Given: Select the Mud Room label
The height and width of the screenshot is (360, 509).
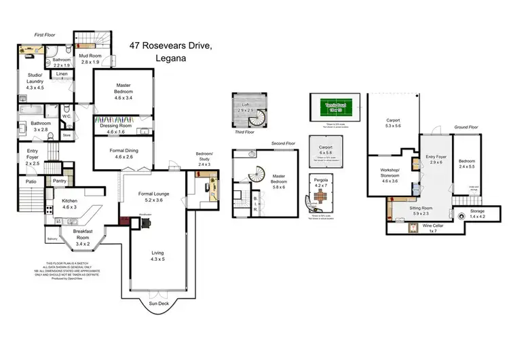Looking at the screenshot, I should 90,58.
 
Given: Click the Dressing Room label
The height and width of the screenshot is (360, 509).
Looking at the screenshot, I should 115,128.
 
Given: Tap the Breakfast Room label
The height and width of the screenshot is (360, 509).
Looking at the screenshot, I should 86,239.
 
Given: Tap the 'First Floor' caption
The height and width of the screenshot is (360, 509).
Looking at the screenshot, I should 44,33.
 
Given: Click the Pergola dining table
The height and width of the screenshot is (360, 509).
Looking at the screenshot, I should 322,197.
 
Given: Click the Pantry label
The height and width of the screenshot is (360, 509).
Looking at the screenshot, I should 59,181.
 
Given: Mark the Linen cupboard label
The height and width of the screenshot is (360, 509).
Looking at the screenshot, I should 62,73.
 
